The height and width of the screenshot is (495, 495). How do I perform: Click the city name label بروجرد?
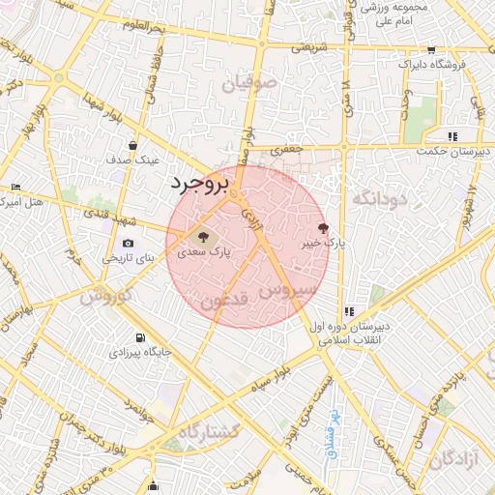201,184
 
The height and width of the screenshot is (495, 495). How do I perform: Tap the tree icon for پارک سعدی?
203,235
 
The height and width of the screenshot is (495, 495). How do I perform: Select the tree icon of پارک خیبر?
323,227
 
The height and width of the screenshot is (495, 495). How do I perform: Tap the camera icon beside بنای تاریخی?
129,244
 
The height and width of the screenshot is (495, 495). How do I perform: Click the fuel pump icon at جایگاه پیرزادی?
142,337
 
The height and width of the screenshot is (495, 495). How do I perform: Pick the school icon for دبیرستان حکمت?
452,136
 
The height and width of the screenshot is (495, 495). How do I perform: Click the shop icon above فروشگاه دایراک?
431,50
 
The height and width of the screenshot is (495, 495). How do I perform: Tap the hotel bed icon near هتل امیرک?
15,187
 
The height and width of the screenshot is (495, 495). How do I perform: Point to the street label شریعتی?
311,46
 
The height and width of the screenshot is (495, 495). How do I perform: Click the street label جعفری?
286,151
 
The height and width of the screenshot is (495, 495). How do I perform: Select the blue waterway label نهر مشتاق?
330,437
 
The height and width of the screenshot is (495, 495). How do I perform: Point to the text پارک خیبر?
323,245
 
